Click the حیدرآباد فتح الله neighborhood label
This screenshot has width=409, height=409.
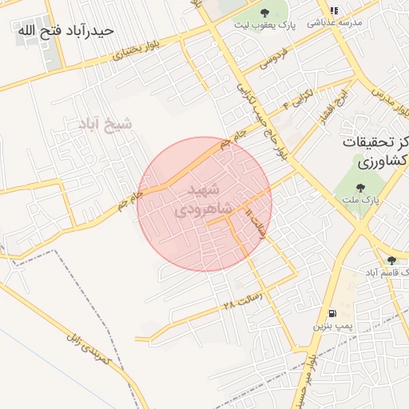64,30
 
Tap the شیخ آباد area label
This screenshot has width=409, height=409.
105,124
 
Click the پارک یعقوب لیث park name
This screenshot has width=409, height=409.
264,26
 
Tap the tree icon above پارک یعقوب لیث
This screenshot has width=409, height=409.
264,11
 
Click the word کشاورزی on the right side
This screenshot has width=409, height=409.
383,161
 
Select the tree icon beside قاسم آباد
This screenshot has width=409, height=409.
391,260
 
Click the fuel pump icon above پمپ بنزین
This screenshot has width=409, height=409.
332,312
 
